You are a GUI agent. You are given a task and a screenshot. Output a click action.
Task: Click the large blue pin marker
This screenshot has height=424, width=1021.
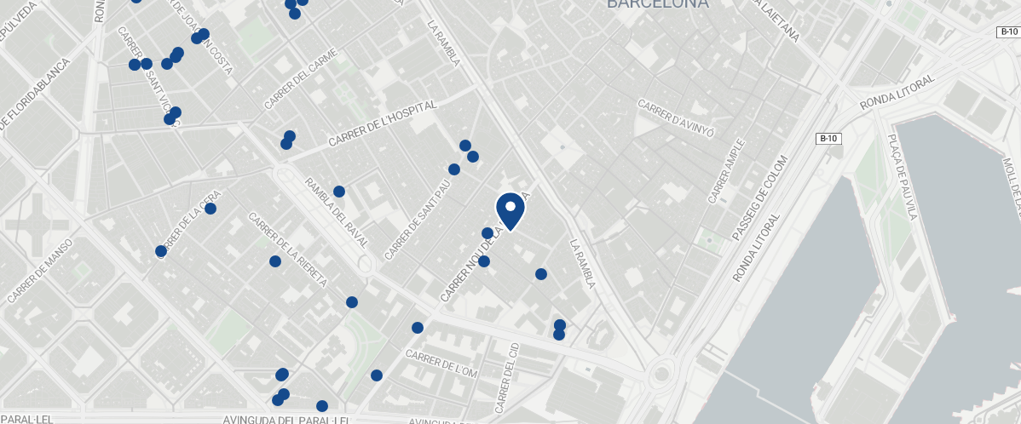pyautogui.click(x=510, y=210)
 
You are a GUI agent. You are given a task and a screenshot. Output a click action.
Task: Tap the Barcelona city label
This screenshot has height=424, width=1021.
pyautogui.click(x=657, y=4)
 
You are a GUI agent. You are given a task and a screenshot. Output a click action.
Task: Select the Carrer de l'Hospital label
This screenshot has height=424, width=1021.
pyautogui.click(x=383, y=123)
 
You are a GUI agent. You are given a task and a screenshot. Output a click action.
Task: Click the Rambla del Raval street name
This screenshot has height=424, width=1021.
pyautogui.click(x=337, y=213)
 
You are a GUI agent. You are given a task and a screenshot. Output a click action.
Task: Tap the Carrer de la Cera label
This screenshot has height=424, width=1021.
pyautogui.click(x=188, y=227)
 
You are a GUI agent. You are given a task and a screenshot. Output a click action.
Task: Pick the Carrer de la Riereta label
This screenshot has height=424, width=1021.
pyautogui.click(x=287, y=249)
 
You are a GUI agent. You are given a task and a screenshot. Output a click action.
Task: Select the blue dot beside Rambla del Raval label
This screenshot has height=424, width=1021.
pyautogui.click(x=338, y=192)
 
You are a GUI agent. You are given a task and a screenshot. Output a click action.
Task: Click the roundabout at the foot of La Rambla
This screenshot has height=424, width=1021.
pyautogui.click(x=660, y=373)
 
